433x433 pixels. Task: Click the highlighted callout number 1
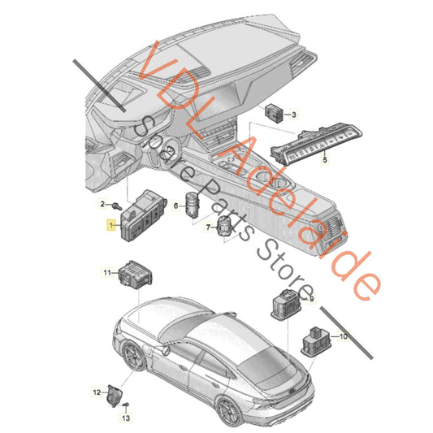pos(111,225)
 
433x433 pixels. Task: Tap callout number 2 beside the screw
pos(102,204)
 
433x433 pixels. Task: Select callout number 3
pos(294,115)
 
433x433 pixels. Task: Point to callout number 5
pos(325,159)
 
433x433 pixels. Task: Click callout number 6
pos(176,206)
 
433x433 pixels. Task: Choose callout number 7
pos(208,227)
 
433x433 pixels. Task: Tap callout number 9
pos(311,299)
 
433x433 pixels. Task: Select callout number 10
pos(344,336)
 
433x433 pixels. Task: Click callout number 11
pos(107,273)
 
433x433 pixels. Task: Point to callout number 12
pos(97,392)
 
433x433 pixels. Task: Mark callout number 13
pos(126,418)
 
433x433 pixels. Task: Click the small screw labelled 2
pos(117,206)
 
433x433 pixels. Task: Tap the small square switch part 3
pos(275,113)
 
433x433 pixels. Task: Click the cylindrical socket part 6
pos(192,204)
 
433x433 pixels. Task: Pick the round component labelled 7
pos(225,226)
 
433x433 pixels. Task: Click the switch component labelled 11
pos(136,275)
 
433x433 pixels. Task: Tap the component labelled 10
pos(316,341)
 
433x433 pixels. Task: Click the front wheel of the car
pos(134,356)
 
